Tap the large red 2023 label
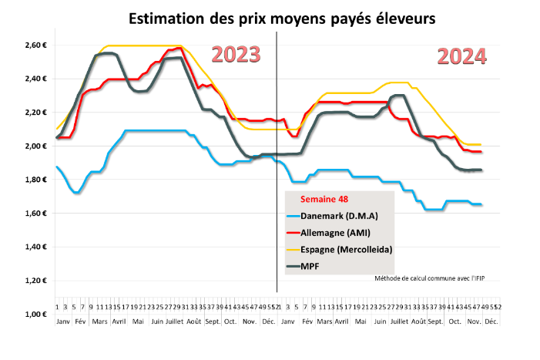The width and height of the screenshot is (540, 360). coord(236,55)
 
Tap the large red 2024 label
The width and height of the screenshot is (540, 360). coord(462,56)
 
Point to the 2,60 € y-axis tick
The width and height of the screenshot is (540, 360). coord(37,45)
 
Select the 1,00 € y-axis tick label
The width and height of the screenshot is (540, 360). coord(37,315)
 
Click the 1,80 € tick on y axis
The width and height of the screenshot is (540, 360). coord(37,180)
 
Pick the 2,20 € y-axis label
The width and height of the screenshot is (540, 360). coord(37,113)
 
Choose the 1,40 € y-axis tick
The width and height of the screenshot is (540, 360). coord(37,247)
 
